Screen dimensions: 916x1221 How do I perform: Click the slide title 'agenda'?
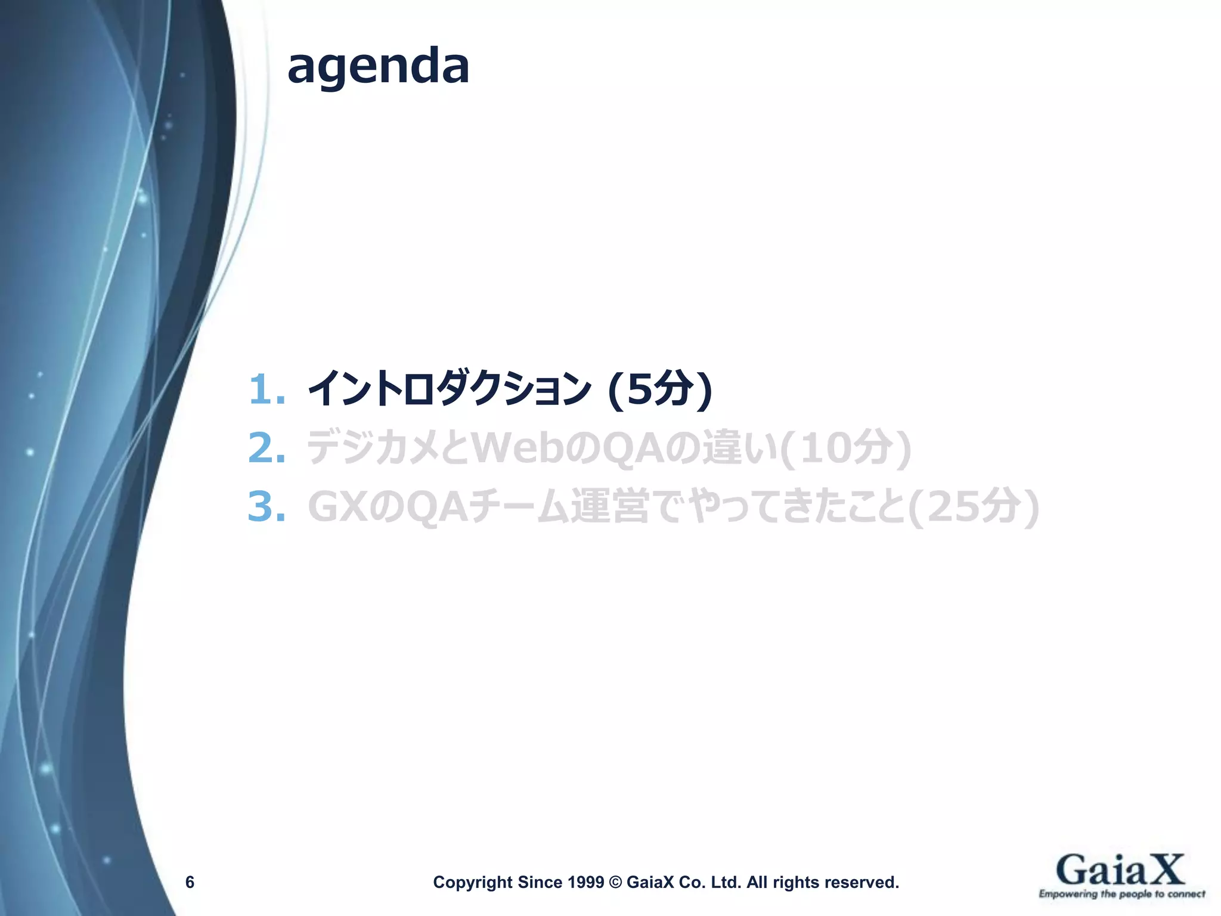click(378, 67)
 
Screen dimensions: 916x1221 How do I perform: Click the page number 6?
click(190, 882)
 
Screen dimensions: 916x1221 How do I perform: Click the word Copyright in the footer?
click(472, 882)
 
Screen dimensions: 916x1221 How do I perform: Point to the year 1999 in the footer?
click(586, 882)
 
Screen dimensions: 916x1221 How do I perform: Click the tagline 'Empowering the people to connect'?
click(1121, 894)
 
